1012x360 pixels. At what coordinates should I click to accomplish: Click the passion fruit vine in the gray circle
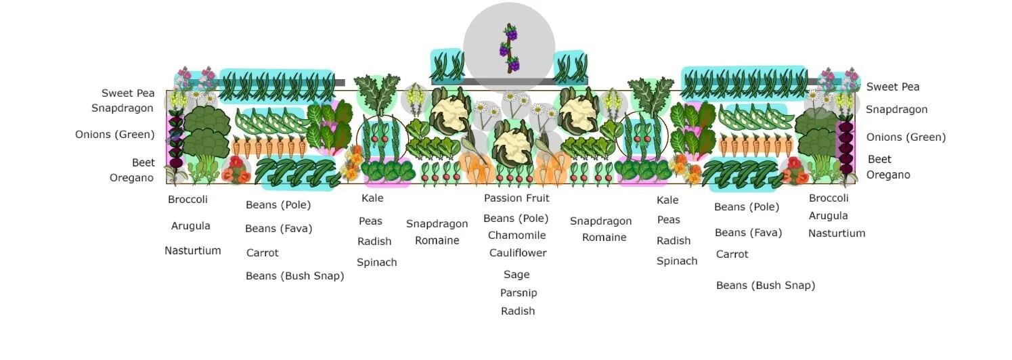tap(510, 48)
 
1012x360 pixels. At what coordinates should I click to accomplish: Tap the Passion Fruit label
tap(516, 198)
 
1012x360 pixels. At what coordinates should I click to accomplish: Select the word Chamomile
tap(516, 235)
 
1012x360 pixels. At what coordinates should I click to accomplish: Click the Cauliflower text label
tap(518, 253)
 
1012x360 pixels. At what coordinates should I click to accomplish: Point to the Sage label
tap(516, 275)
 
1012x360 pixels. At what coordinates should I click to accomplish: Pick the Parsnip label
tap(519, 293)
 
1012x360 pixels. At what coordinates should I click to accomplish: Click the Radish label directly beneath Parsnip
tap(518, 311)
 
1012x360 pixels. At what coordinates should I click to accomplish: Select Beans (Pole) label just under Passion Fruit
tap(516, 219)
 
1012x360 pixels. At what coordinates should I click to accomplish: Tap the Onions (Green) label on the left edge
tap(115, 135)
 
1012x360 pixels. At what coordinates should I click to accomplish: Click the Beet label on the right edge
tap(879, 160)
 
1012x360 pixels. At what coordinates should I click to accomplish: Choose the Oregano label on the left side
tap(132, 178)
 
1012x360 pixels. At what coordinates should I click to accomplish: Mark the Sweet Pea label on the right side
tap(893, 87)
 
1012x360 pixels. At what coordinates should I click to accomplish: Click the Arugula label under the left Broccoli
tap(190, 226)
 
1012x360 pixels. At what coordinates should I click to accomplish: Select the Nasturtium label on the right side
tap(837, 233)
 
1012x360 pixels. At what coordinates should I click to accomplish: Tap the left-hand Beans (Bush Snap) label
tap(294, 276)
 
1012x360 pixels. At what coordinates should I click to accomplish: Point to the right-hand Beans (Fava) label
tap(748, 233)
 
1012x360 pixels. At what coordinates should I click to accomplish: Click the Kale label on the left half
tap(372, 198)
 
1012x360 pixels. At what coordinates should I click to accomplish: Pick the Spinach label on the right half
tap(677, 261)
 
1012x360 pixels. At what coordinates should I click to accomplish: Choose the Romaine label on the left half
tap(437, 241)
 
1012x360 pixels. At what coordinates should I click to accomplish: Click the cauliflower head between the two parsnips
tap(512, 144)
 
